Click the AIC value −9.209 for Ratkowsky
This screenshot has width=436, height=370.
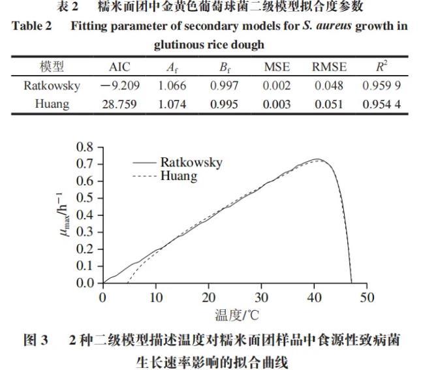click(120, 85)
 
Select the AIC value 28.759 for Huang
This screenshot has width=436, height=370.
click(120, 104)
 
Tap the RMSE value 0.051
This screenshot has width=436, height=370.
click(329, 104)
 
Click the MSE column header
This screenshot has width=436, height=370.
click(277, 67)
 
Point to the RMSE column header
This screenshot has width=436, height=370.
click(329, 67)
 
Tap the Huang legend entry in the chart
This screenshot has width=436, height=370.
click(178, 176)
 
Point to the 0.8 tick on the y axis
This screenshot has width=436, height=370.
click(85, 147)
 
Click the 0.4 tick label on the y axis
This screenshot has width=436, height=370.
click(85, 215)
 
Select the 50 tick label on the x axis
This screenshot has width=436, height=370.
click(367, 298)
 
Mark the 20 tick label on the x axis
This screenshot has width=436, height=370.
click(209, 298)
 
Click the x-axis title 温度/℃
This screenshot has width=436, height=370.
click(236, 315)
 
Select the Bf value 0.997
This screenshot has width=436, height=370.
click(225, 85)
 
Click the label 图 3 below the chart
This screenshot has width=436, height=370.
click(37, 341)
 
